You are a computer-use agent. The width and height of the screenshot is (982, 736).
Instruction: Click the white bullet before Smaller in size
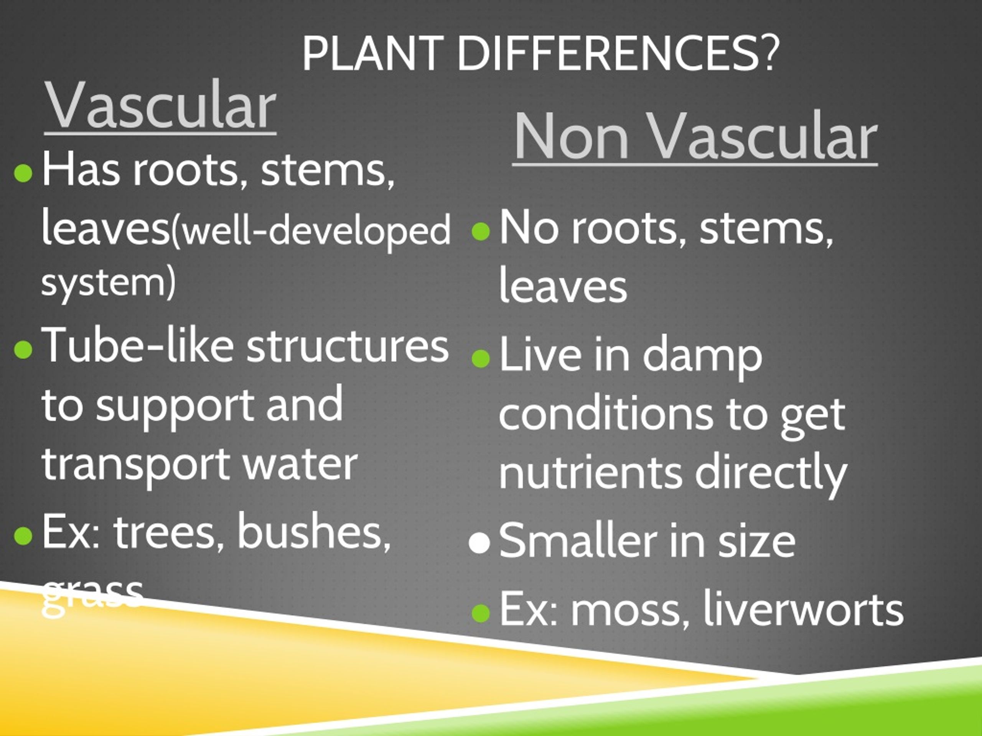pyautogui.click(x=479, y=542)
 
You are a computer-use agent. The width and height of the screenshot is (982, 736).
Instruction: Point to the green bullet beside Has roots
pyautogui.click(x=23, y=173)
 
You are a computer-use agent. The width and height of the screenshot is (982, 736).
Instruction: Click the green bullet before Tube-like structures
pyautogui.click(x=23, y=349)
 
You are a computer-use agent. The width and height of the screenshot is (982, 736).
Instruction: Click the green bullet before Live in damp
pyautogui.click(x=480, y=358)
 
